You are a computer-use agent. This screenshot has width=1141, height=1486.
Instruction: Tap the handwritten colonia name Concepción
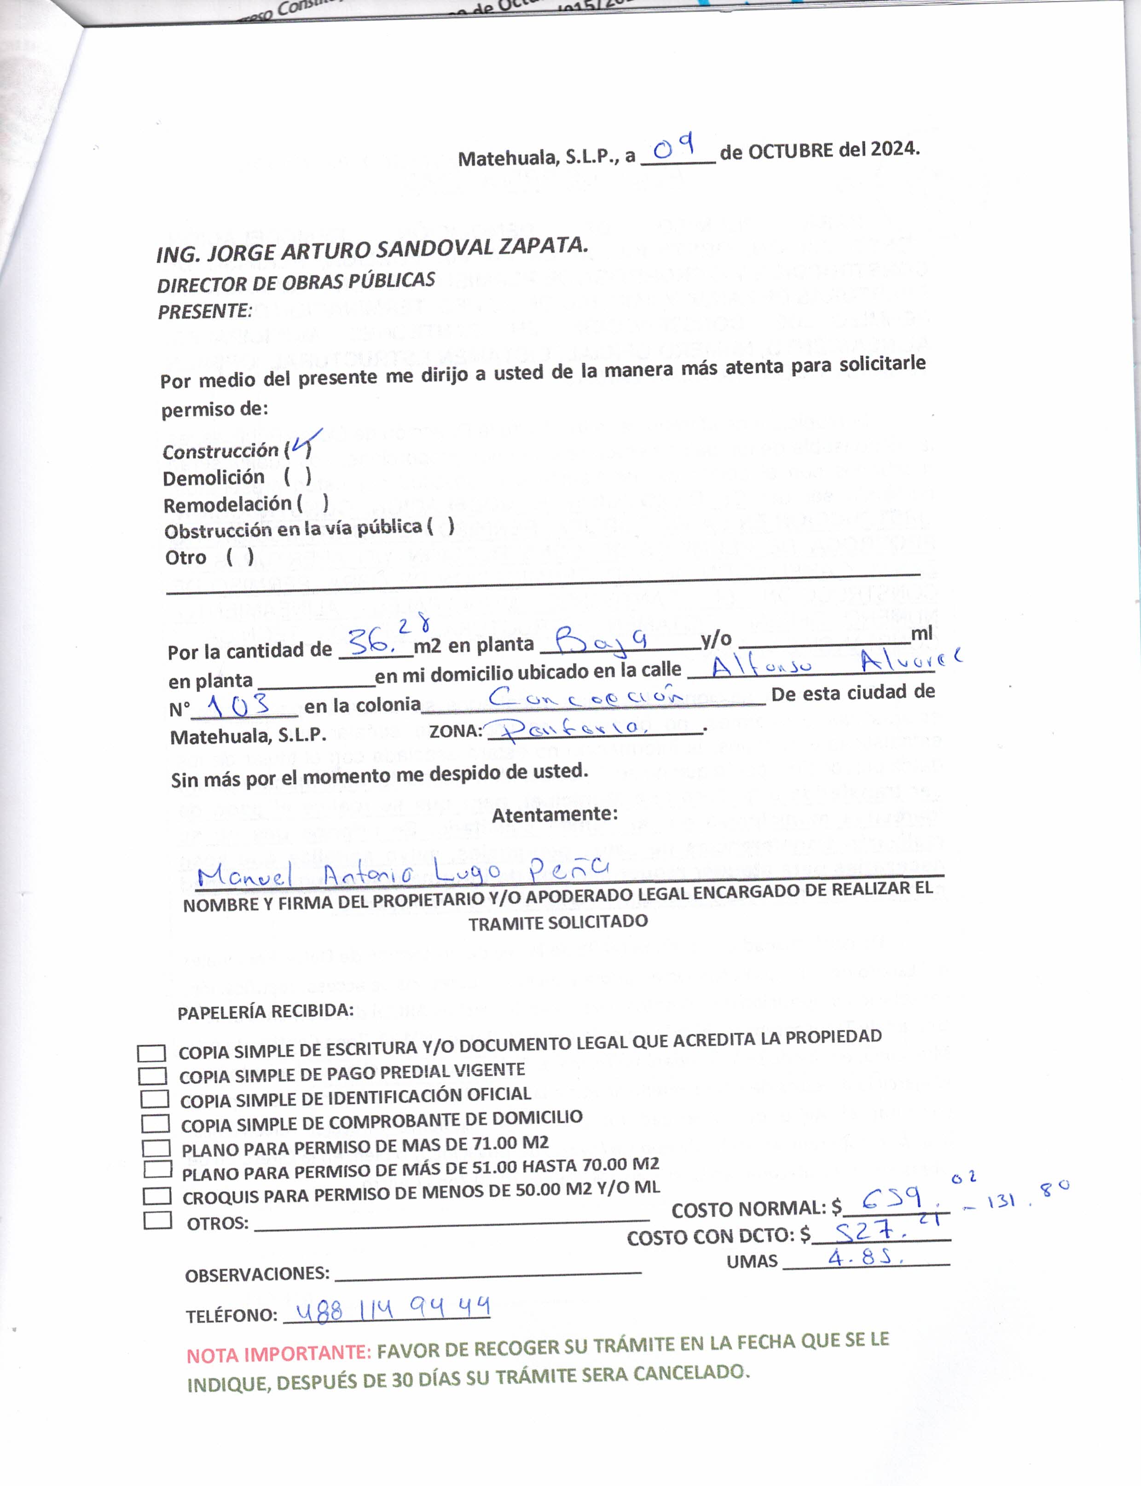pos(585,696)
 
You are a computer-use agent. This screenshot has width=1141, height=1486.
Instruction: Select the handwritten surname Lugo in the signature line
pos(467,870)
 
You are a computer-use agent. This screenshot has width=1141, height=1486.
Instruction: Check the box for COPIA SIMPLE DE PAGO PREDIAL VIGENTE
pos(152,1076)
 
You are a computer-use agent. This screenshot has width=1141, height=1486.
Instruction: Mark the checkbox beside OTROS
pos(157,1220)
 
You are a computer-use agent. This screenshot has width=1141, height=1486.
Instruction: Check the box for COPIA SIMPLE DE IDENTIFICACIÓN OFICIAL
pos(154,1099)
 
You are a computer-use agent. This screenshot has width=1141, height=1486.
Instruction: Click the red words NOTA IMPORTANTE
pos(278,1353)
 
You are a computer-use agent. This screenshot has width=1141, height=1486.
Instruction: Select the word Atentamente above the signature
pos(554,814)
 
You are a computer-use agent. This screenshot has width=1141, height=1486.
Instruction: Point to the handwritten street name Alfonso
pos(761,665)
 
